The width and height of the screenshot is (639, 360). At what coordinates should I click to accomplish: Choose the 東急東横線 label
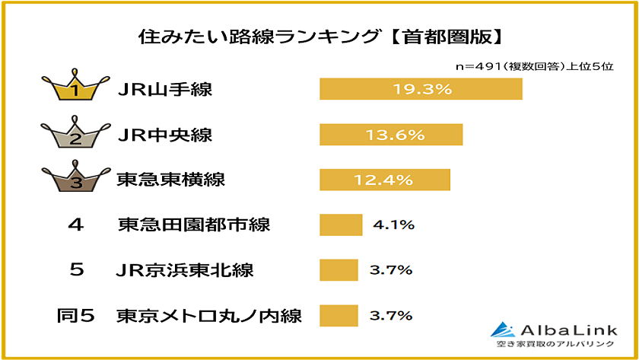point(171,180)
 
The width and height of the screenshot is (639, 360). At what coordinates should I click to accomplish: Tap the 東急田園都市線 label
point(194,225)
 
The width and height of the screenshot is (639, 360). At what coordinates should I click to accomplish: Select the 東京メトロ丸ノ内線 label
point(209,315)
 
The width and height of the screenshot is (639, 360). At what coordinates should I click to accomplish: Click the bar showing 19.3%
point(421,89)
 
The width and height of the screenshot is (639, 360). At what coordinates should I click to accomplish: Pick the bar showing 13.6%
point(391,135)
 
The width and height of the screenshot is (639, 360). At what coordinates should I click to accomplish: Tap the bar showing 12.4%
point(385,180)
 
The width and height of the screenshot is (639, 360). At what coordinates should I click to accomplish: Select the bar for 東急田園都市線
point(340,225)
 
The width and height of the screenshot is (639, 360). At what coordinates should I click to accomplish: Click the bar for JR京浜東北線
point(339,270)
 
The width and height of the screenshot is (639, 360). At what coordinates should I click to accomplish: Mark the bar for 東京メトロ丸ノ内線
point(339,315)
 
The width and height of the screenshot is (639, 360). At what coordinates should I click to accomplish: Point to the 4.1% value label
point(393,225)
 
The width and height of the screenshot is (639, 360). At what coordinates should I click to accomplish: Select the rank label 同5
point(76,315)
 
